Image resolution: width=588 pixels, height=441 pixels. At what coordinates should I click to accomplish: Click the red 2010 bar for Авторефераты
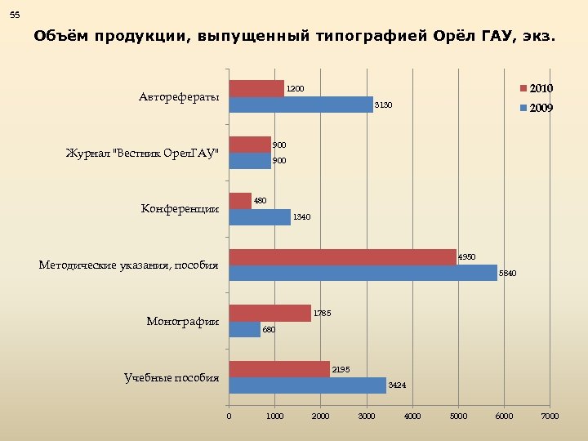[x=256, y=88]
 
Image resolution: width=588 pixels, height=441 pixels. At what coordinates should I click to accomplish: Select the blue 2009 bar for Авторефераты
[x=301, y=105]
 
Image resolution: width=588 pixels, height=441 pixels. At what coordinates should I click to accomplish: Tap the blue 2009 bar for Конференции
[x=260, y=217]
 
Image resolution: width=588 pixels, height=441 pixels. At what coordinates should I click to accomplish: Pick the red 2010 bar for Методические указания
[x=342, y=256]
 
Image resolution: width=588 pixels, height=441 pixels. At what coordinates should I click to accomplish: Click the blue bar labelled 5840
[x=363, y=273]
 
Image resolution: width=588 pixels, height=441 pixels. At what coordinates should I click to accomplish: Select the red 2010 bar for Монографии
[x=269, y=313]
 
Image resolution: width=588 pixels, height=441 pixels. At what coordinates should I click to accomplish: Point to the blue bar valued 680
[x=244, y=329]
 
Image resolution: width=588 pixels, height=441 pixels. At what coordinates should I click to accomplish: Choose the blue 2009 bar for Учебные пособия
[x=307, y=385]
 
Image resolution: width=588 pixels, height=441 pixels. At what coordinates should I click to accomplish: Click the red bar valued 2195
[x=279, y=369]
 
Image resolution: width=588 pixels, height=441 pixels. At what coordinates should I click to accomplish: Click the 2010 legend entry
[x=540, y=88]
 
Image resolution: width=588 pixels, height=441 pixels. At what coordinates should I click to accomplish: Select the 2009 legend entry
[x=540, y=108]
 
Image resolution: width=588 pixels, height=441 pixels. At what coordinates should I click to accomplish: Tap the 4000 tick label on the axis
[x=412, y=416]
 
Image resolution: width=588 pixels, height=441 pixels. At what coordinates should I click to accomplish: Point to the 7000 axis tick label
[x=550, y=416]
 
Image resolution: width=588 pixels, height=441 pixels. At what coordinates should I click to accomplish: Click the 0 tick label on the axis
[x=229, y=416]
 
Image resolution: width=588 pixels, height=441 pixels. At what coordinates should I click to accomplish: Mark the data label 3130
[x=383, y=105]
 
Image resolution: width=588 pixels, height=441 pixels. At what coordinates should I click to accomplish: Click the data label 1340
[x=302, y=217]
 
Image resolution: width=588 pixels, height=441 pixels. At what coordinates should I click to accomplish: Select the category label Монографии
[x=182, y=321]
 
